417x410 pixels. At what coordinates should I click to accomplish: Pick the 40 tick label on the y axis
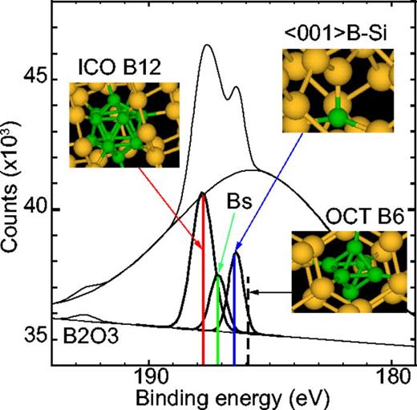pyautogui.click(x=34, y=209)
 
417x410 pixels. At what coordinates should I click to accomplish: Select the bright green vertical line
pyautogui.click(x=218, y=329)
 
